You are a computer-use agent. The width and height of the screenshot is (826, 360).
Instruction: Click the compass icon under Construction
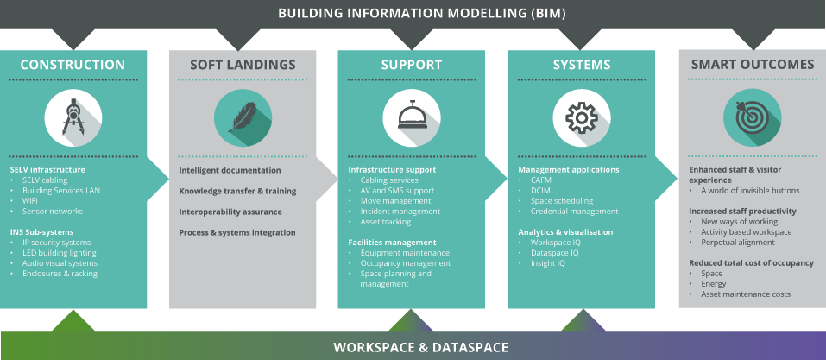point(73,117)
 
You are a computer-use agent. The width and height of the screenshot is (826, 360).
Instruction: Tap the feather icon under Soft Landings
point(243,117)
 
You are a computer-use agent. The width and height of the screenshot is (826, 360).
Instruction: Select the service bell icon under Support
point(412,117)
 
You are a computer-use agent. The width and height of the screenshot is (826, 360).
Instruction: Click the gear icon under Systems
point(582,117)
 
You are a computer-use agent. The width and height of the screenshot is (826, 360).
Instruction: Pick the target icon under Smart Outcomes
point(752,117)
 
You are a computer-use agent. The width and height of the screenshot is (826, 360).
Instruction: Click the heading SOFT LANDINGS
point(243,65)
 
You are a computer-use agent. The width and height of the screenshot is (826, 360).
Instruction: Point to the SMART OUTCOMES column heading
point(752,65)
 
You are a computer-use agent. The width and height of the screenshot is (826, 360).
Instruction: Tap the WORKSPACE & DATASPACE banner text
point(421,347)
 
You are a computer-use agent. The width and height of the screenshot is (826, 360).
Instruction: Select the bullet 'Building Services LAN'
point(61,191)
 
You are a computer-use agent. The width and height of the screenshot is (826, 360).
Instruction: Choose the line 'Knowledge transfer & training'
point(237,191)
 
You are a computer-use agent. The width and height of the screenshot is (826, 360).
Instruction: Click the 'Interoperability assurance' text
point(230,212)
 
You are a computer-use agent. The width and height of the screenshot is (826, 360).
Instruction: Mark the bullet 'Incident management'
point(400,212)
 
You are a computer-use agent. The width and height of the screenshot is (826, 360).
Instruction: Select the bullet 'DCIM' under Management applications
point(542,191)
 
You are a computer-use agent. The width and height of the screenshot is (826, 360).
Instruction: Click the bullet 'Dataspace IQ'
point(554,253)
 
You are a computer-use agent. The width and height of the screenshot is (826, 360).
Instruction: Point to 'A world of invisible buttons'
point(750,191)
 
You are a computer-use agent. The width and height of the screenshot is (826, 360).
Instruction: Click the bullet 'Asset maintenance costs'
point(745,294)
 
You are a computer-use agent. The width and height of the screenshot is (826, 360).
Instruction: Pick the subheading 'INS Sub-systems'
point(41,232)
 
